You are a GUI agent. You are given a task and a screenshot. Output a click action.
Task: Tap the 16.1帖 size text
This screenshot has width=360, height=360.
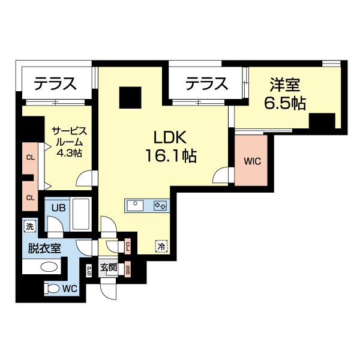[x=170, y=157]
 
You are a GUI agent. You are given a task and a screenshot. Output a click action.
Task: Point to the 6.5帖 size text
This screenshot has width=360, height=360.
[x=286, y=103]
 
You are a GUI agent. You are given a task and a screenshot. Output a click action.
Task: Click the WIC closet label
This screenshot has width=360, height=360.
[x=252, y=161]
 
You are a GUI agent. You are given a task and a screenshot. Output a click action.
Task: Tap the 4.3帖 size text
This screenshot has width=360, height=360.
[x=70, y=152]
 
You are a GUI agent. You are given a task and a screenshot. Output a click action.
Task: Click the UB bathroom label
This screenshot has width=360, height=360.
[x=58, y=208]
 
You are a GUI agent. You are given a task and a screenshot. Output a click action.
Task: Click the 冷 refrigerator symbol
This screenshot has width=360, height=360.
[x=160, y=245]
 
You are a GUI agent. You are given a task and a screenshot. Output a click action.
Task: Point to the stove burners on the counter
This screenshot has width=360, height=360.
[x=160, y=205]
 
